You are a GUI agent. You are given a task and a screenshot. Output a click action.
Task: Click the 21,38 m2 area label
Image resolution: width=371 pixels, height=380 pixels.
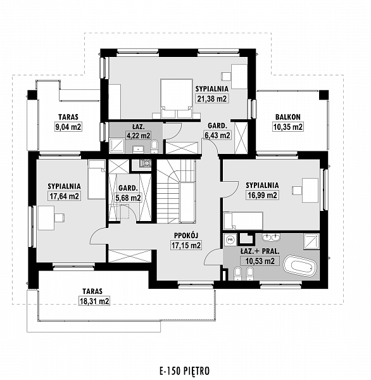(x=212, y=99)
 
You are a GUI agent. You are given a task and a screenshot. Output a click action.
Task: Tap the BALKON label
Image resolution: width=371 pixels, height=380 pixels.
(x=288, y=117)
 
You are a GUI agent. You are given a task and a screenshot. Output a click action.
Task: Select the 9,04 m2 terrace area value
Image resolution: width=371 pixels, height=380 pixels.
(x=68, y=127)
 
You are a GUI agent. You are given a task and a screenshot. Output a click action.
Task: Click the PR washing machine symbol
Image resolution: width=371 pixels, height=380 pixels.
(x=230, y=239)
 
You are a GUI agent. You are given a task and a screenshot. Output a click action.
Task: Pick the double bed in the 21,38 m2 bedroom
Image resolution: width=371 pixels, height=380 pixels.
(x=177, y=98)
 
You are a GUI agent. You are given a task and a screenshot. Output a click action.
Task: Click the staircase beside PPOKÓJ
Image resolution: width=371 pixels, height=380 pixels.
(x=176, y=191)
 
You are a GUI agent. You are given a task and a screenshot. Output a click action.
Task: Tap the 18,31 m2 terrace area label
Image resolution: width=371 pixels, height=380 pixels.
(x=94, y=301)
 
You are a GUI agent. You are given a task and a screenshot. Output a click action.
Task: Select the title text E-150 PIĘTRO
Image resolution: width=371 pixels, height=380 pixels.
(x=184, y=370)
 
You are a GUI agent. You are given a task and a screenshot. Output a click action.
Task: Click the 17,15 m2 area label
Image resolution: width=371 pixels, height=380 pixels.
(x=186, y=246)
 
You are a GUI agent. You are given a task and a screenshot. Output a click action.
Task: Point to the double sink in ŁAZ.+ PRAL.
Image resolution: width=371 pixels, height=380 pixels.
(x=271, y=237)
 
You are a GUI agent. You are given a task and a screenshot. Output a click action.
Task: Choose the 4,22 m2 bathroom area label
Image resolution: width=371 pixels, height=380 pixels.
(x=138, y=136)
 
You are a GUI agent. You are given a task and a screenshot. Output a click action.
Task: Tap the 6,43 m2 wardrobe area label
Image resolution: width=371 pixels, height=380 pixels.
(x=217, y=136)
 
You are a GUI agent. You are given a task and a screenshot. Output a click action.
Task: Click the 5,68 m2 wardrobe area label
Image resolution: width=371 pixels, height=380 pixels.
(x=128, y=198)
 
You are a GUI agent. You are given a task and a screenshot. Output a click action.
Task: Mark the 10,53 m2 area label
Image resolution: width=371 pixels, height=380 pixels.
(x=260, y=261)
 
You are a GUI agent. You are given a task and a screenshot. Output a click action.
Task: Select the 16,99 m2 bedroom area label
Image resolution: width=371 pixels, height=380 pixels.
(x=262, y=195)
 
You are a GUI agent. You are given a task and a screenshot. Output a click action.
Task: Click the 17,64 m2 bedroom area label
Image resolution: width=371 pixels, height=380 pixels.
(x=64, y=196)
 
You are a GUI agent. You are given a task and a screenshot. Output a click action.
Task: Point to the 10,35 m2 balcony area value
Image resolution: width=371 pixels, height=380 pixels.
(x=288, y=127)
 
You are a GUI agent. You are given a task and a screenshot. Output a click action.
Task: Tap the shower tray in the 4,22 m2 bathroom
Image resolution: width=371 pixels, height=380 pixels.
(x=116, y=146)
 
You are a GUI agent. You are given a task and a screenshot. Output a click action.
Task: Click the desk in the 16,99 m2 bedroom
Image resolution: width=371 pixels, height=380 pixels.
(x=310, y=190)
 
